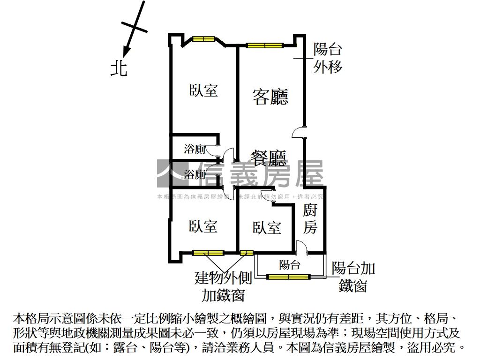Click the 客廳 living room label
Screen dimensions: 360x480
pos(270,97)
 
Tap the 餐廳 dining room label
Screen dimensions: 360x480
pos(268,158)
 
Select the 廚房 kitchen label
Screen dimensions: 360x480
pos(310,218)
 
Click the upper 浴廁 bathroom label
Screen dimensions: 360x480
pos(194,150)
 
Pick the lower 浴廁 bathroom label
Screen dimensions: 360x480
pos(194,175)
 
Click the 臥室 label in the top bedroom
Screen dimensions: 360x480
pos(204,90)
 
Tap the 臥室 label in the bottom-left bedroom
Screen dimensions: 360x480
pos(203,227)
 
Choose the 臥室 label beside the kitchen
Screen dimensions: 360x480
pos(267,228)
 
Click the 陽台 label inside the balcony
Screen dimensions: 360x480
pos(290,265)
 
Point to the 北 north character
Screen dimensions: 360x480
pos(119,68)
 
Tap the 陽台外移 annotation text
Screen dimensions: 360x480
pos(328,58)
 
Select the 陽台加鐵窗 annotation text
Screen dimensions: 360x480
pos(353,277)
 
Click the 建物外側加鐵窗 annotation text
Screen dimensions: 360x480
pos(224,286)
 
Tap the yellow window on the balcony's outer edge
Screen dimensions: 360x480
pos(288,277)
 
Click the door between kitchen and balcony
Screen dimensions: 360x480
pos(302,247)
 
